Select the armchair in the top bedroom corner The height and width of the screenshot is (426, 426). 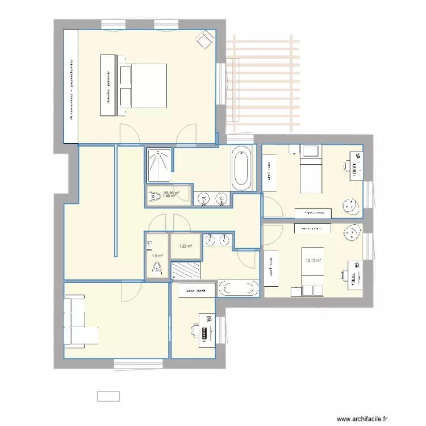pos(203,39)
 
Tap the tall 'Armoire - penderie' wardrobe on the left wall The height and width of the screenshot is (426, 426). pos(70,85)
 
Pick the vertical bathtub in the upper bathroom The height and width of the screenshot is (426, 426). pos(241,168)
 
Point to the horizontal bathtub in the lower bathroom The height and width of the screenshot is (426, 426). pos(237,289)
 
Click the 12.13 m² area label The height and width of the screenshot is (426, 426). pos(314,261)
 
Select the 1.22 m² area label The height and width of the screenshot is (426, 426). pos(186,247)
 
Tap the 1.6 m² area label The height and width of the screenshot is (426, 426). pos(157,256)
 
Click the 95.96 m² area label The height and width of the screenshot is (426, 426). pos(172,193)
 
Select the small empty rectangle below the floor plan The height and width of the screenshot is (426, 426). pos(108,395)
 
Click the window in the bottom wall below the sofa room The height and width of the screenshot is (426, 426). pos(131,362)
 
